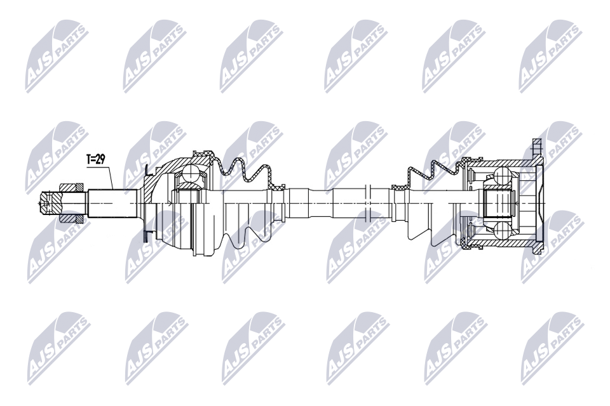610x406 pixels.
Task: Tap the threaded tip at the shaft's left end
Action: click(47, 202)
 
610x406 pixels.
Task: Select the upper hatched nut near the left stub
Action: click(71, 187)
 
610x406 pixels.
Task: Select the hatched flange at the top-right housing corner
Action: click(534, 148)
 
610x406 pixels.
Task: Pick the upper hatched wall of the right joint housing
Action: click(502, 162)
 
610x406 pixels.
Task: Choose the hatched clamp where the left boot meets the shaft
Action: click(277, 187)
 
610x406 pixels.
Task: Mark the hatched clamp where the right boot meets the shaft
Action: click(398, 187)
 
